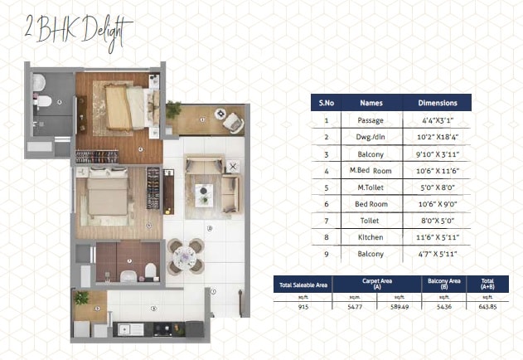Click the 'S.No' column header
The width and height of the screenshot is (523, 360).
coord(327,103)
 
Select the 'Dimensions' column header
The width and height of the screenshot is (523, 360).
coord(438,103)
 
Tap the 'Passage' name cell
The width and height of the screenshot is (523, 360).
coord(371,120)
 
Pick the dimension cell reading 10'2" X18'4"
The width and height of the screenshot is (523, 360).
coord(438,137)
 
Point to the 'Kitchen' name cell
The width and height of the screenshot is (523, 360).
coord(371,236)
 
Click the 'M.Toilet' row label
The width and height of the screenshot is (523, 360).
coord(371,187)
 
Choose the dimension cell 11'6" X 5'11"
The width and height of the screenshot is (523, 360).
coord(438,236)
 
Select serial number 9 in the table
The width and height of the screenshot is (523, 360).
coord(327,253)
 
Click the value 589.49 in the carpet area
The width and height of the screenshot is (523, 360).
coord(400,307)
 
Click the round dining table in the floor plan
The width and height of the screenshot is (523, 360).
coord(186,256)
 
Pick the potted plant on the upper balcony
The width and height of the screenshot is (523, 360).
coord(173,110)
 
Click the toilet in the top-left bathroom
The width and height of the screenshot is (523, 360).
coord(45,101)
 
